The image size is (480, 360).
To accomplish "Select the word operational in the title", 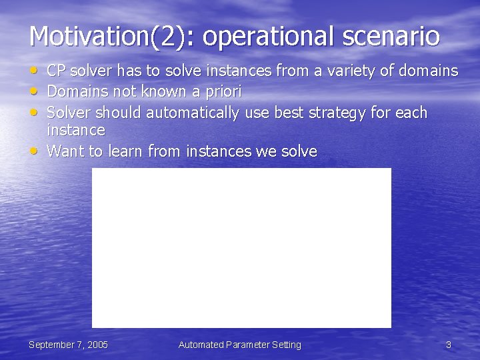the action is pos(267,37).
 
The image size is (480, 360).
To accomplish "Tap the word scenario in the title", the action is pos(391,36).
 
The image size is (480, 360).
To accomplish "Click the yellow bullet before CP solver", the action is pos(33,71).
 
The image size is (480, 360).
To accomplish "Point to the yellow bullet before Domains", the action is pos(33,91).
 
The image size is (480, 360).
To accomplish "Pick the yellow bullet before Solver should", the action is pos(33,112).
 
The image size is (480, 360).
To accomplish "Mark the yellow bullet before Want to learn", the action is pos(33,151).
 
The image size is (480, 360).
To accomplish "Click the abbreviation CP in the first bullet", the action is pos(56,71).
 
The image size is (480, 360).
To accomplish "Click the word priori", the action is pos(223,92).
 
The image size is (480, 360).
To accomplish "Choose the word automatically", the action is pos(193,113).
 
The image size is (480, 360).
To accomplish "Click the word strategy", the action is pos(337,113).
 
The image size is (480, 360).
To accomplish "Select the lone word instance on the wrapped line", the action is pos(76,130).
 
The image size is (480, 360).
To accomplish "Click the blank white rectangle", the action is pos(241,248).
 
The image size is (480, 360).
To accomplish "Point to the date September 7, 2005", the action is pos(68,345).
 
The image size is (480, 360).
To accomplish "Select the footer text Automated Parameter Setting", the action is pos(240,345).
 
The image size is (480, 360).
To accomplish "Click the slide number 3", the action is pos(449,345).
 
